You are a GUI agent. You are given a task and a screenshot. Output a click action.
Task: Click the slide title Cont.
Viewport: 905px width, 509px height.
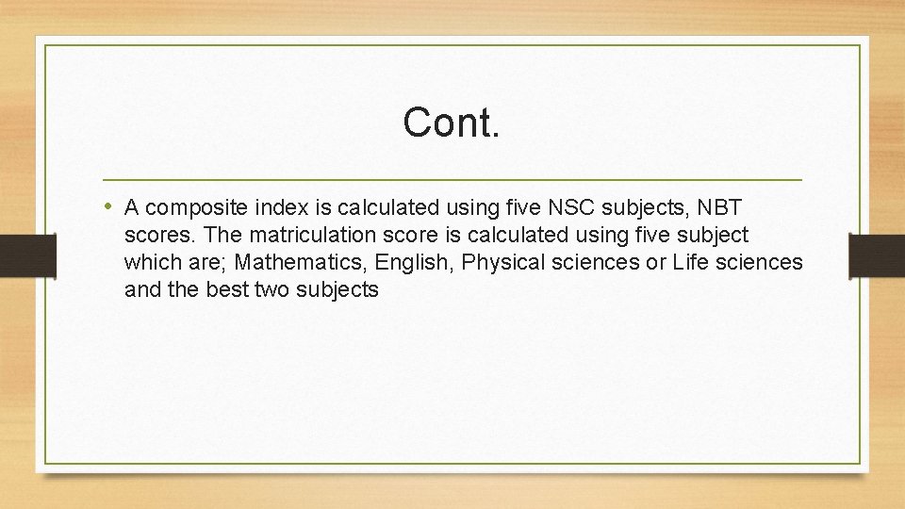451,123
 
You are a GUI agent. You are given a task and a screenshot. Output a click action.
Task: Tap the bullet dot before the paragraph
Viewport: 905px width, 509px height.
109,205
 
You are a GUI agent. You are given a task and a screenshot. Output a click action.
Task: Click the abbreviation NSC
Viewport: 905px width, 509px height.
568,206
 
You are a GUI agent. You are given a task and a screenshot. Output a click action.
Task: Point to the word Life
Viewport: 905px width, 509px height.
690,262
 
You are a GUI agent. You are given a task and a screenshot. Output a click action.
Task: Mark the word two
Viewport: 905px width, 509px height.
272,289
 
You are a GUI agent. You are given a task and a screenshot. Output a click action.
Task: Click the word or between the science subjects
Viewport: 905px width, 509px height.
655,262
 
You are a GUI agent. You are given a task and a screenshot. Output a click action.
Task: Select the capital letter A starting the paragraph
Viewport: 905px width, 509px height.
132,206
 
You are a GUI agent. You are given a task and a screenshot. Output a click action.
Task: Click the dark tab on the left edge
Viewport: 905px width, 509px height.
16,254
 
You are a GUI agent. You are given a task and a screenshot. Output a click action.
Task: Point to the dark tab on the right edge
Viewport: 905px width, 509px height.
877,254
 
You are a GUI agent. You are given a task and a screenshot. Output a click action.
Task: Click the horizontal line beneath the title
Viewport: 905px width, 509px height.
452,179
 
